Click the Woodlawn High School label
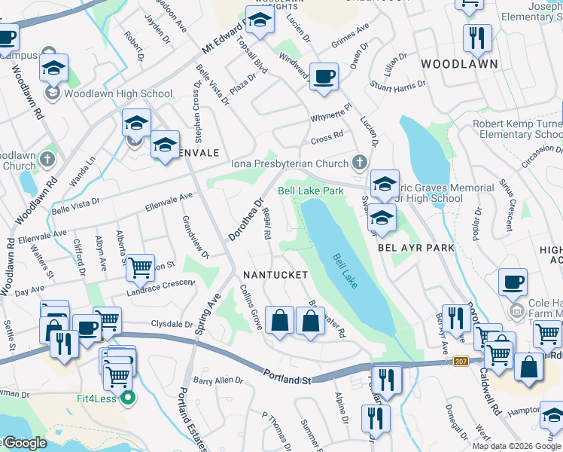coord(118,94)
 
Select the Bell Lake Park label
coord(311,191)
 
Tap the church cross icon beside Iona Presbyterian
coord(360,162)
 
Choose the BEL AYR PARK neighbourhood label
coord(416,247)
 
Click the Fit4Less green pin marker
coord(127,397)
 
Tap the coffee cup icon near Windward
coord(324,76)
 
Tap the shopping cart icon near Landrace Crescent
coord(140,266)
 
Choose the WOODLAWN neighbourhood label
coord(459,64)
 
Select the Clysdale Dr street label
coord(172,324)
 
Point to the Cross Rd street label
coord(327,138)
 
